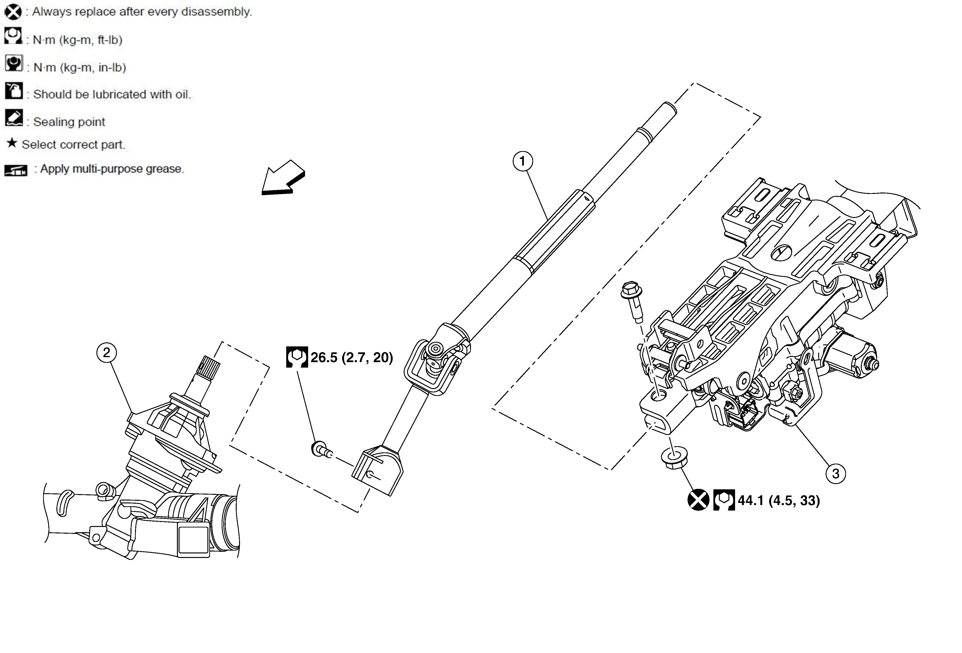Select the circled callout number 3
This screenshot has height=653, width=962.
[x=835, y=473]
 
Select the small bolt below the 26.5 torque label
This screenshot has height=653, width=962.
[x=321, y=449]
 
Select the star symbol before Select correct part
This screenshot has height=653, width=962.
[x=12, y=143]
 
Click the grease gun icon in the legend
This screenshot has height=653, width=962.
[x=16, y=170]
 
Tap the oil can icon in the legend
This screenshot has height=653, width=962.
[x=14, y=91]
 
